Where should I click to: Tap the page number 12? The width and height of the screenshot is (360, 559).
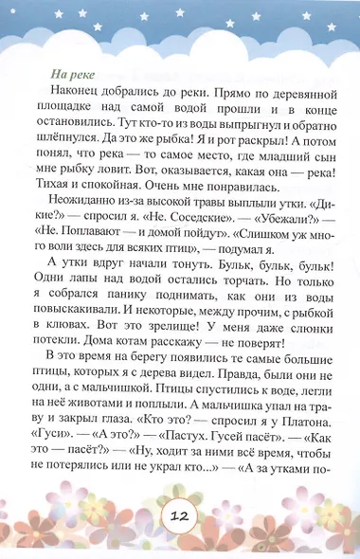tap(179, 517)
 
